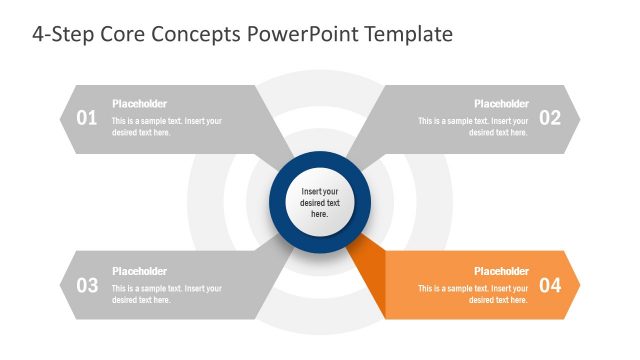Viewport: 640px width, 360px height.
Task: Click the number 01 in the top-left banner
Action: [x=87, y=118]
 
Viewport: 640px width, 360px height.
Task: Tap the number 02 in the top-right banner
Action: [x=550, y=118]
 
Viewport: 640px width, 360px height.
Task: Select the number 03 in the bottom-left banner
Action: [x=87, y=285]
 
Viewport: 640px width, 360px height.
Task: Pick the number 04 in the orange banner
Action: [x=550, y=285]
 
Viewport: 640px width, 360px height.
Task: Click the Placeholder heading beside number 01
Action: [x=139, y=104]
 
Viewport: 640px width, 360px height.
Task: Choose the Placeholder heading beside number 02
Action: [x=501, y=104]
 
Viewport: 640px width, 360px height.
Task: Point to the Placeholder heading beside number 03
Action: [x=139, y=271]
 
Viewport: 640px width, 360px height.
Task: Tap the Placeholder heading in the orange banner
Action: [x=501, y=271]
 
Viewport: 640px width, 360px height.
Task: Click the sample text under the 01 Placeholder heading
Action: [x=166, y=127]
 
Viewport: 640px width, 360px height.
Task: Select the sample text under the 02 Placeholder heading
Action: [x=473, y=127]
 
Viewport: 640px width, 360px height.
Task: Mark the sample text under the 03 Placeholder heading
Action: [x=166, y=294]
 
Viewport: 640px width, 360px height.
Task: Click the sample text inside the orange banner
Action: [x=473, y=294]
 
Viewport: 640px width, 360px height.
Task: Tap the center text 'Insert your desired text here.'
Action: [x=320, y=202]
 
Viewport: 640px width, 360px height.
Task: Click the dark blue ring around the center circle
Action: [x=320, y=159]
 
